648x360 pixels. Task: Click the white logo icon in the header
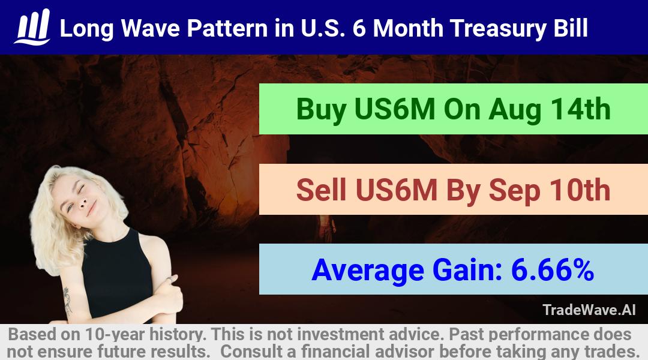coord(32,27)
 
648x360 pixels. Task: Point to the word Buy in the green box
coord(321,110)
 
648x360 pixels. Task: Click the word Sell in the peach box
coord(321,190)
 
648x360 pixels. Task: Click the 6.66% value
coord(553,270)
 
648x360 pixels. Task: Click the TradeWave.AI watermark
coord(589,310)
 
